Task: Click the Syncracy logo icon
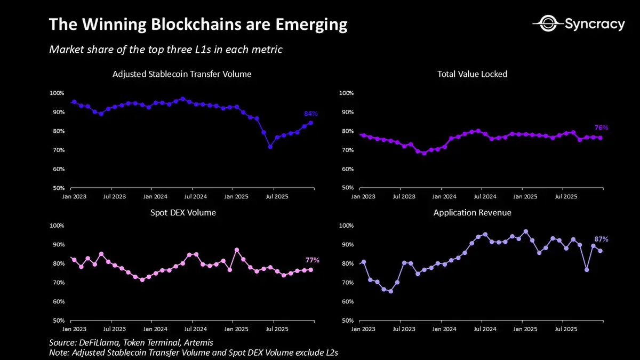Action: click(546, 24)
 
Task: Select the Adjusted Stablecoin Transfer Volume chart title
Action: click(182, 74)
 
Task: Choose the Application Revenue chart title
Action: click(472, 212)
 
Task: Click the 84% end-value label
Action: click(311, 114)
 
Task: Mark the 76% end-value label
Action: click(601, 128)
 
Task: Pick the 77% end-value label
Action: click(312, 260)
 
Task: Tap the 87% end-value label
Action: click(601, 239)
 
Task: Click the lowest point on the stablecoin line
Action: click(270, 147)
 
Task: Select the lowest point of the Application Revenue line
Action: click(390, 291)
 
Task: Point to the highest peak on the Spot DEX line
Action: click(237, 250)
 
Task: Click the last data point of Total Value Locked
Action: click(601, 138)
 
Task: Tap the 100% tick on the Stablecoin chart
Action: click(57, 93)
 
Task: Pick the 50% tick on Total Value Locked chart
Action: click(347, 188)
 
